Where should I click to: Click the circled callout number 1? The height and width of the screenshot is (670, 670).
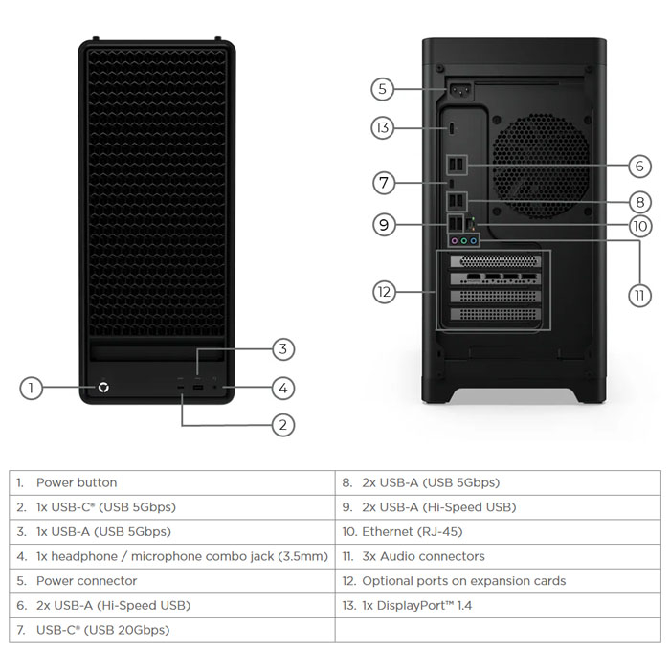tap(32, 388)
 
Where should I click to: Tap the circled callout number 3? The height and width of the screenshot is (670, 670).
tap(281, 348)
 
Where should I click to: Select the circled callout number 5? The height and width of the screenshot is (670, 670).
tap(382, 89)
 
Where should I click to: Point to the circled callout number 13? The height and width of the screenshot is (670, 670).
tap(382, 127)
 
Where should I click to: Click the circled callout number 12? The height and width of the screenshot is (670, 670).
tap(384, 292)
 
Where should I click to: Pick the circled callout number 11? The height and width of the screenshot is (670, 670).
tap(640, 295)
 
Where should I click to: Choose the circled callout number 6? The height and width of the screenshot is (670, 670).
tap(640, 166)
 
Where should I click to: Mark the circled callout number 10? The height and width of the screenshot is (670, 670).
tap(640, 227)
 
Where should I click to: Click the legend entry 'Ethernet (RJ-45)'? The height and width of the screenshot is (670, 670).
tap(413, 531)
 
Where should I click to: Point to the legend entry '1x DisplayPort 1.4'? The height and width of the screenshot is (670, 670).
tap(416, 605)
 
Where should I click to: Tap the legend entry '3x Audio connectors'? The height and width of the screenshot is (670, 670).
tap(423, 556)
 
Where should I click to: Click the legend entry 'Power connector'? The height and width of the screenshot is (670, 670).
tap(86, 580)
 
